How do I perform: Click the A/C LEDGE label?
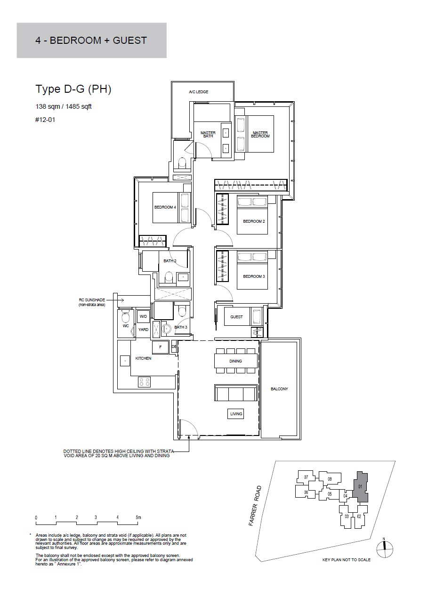point(199,92)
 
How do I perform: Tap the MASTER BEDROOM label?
point(260,135)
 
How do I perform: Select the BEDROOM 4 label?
point(165,207)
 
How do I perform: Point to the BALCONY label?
point(279,388)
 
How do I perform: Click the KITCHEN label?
point(143,358)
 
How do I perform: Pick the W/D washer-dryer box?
point(143,316)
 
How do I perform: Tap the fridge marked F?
point(161,347)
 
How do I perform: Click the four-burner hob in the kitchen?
point(144,382)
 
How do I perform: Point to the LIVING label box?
point(236,414)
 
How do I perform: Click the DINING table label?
point(235,361)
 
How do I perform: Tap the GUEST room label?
point(236,316)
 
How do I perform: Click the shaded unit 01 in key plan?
point(360,487)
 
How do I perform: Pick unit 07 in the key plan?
point(306,477)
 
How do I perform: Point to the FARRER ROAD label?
point(255,506)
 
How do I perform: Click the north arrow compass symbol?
point(384,549)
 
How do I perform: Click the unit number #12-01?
point(45,120)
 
